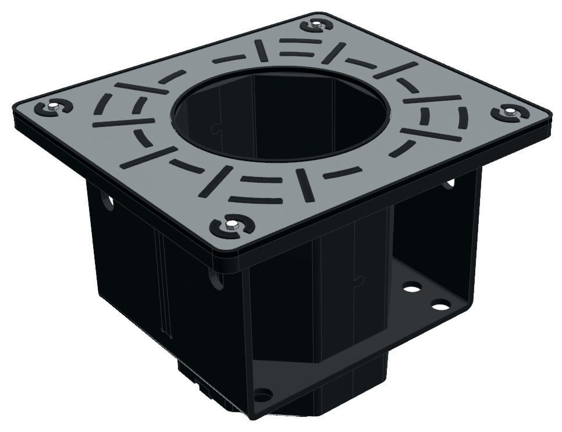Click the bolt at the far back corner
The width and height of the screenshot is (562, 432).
click(315, 25)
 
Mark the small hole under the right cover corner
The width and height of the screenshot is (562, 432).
click(451, 183)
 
